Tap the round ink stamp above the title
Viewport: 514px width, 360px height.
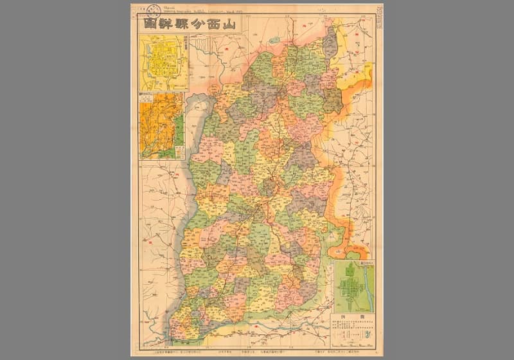click(x=154, y=9)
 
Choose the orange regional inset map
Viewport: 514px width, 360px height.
click(x=161, y=125)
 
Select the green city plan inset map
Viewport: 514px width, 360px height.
click(x=353, y=286)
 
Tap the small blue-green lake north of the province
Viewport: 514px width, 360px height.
click(x=276, y=40)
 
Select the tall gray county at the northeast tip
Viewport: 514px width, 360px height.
click(x=330, y=42)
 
